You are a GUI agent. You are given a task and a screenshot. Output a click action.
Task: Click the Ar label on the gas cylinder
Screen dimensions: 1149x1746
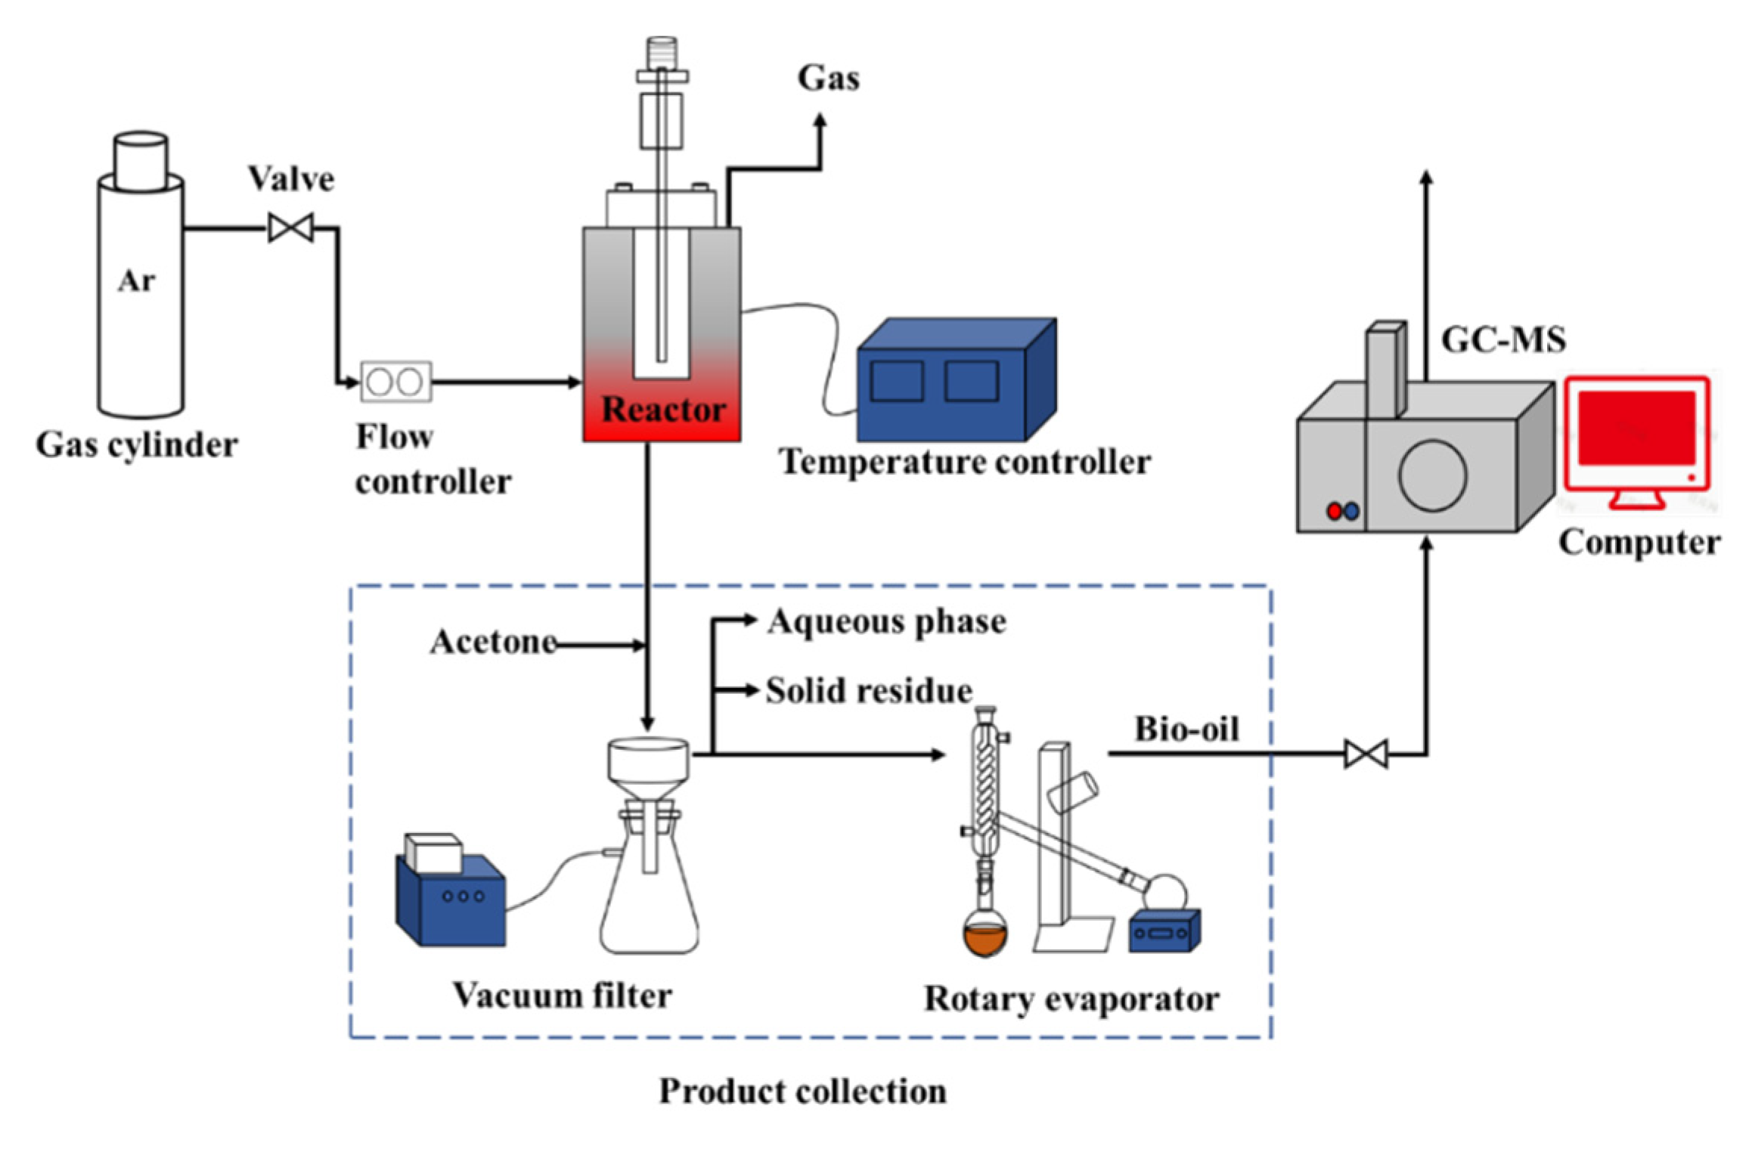(136, 281)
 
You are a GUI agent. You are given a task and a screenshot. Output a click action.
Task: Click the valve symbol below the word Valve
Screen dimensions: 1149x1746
(291, 228)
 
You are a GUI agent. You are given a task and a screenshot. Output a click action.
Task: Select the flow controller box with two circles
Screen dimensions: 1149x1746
(396, 382)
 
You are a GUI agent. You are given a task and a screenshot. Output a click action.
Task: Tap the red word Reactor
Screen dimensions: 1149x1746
(663, 410)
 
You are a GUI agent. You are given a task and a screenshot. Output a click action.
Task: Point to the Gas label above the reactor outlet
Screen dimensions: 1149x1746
(829, 79)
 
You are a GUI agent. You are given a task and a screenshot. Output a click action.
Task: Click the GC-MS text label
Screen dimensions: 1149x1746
(1503, 339)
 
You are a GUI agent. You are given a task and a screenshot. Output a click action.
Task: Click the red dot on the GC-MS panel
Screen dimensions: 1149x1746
(1335, 511)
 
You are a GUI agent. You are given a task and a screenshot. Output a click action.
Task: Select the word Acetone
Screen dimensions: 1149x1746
(494, 643)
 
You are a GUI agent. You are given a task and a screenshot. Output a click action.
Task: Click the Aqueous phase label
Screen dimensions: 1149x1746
(886, 622)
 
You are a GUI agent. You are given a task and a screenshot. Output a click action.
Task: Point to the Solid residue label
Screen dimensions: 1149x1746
(869, 691)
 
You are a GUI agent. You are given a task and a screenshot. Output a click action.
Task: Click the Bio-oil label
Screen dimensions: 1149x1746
(1186, 729)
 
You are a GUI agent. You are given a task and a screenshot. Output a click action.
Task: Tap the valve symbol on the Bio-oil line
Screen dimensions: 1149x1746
(1366, 754)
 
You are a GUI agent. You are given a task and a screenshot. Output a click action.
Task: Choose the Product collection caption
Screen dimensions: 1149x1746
(802, 1092)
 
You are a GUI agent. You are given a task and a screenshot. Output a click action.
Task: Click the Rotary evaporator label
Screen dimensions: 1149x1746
(1071, 999)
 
